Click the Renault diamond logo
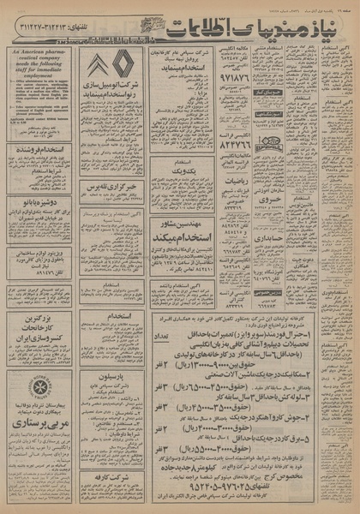pyautogui.click(x=124, y=65)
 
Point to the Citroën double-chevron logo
pyautogui.click(x=97, y=65)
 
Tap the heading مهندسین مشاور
pyautogui.click(x=181, y=224)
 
